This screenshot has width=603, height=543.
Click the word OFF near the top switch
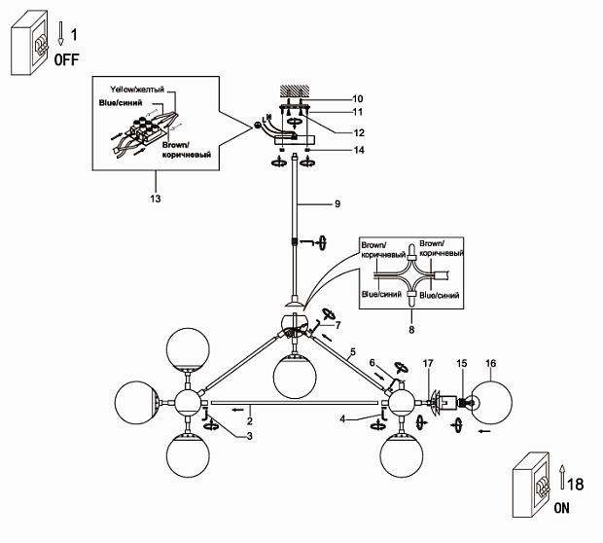[x=67, y=59]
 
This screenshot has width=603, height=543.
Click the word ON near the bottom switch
[x=562, y=508]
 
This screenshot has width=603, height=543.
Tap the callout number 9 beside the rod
[x=337, y=204]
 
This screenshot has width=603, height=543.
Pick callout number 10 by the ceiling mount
[x=331, y=98]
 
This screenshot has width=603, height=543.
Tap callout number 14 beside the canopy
[x=331, y=151]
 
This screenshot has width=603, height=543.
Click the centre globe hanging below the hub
[x=296, y=376]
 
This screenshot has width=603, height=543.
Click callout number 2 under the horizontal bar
[x=250, y=420]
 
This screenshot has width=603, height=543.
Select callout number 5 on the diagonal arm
[x=353, y=350]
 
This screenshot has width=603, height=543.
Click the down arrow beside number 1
[x=60, y=35]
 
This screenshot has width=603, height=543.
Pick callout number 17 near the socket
[x=427, y=365]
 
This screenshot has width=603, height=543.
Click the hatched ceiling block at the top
[x=294, y=90]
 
